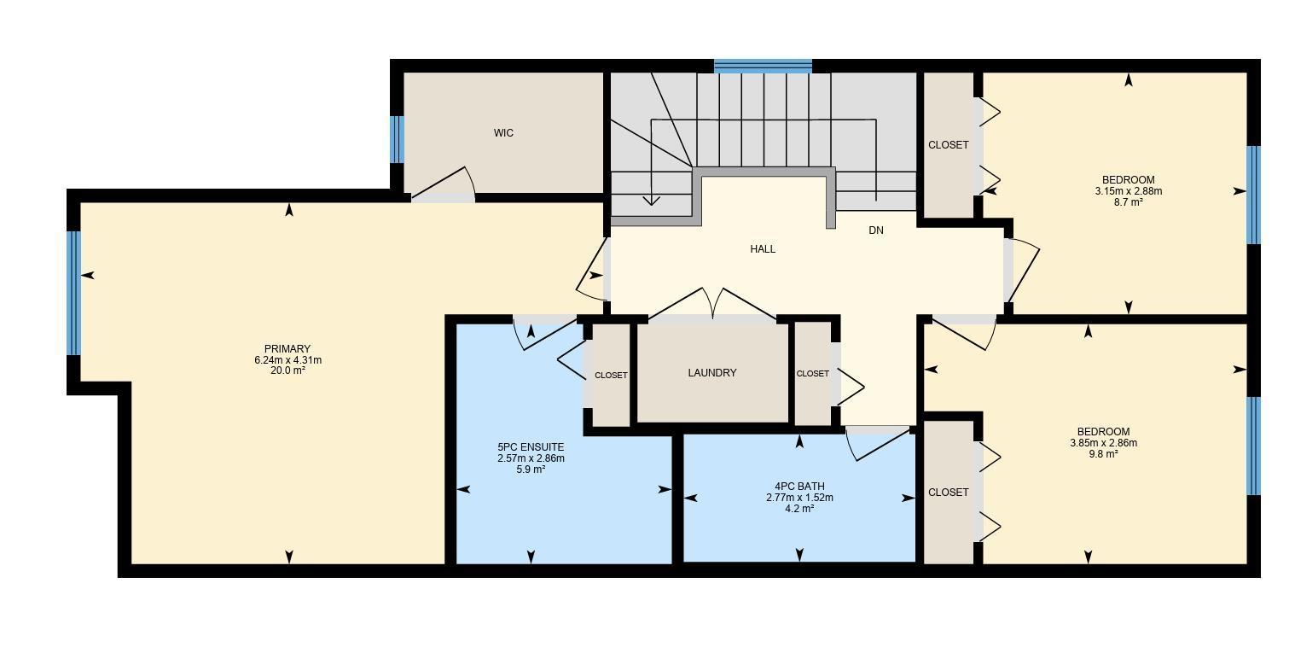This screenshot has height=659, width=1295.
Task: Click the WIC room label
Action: pyautogui.click(x=503, y=133)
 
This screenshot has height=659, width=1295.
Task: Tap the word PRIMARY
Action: pyautogui.click(x=287, y=349)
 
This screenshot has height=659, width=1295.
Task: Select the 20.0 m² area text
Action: pyautogui.click(x=287, y=371)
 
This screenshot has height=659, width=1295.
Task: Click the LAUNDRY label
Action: pyautogui.click(x=711, y=373)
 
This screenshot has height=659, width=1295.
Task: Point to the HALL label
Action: pyautogui.click(x=762, y=249)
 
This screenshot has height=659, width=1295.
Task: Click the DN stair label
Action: pyautogui.click(x=875, y=230)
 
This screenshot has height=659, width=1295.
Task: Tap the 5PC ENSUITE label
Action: pyautogui.click(x=531, y=447)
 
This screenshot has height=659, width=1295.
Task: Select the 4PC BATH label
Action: pyautogui.click(x=799, y=487)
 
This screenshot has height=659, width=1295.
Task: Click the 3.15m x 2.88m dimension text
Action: pyautogui.click(x=1128, y=191)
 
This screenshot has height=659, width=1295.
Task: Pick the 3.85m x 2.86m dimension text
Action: pyautogui.click(x=1103, y=443)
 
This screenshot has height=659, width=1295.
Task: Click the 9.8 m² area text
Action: pyautogui.click(x=1103, y=454)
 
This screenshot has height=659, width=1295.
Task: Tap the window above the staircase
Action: pyautogui.click(x=762, y=66)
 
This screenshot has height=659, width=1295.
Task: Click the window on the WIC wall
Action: pyautogui.click(x=397, y=139)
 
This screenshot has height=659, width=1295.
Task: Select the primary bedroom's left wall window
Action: pyautogui.click(x=74, y=293)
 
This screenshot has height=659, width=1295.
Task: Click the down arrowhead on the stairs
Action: pyautogui.click(x=651, y=201)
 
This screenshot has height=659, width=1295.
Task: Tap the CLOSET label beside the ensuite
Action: pyautogui.click(x=611, y=376)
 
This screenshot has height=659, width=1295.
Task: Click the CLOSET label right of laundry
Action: pyautogui.click(x=812, y=374)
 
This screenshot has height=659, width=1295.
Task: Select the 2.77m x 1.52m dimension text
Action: pyautogui.click(x=799, y=498)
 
